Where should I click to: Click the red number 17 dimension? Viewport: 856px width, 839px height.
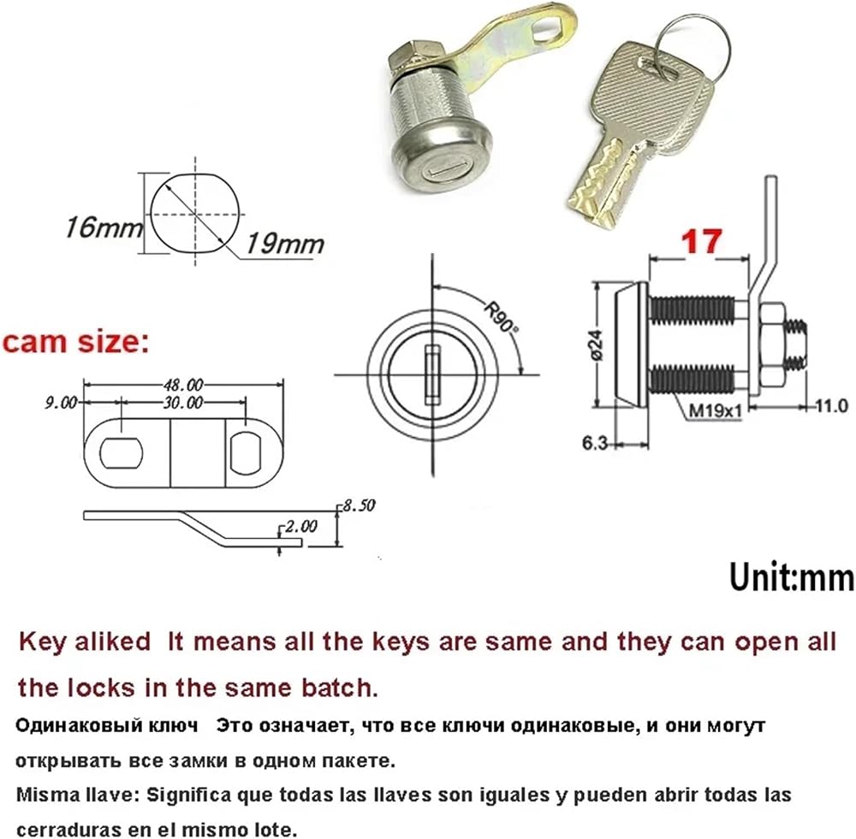tap(702, 241)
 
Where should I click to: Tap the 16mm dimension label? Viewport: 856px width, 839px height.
tap(104, 227)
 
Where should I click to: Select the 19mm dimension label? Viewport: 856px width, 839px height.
tap(284, 243)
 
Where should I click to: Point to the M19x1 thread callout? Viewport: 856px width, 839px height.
tap(715, 410)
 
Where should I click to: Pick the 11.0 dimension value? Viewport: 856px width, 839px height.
tap(831, 406)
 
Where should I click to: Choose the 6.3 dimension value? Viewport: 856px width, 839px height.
tap(595, 443)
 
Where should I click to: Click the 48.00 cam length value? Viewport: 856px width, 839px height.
tap(183, 385)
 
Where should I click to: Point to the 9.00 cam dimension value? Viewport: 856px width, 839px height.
tap(61, 403)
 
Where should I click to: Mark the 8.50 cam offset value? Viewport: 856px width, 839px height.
tap(359, 505)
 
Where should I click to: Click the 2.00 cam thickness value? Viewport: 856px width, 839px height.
tap(300, 527)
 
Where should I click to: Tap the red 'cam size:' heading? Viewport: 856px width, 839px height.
tap(75, 343)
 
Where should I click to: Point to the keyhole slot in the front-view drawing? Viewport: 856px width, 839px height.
tap(432, 375)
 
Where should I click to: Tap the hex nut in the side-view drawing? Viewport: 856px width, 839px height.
tap(770, 344)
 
